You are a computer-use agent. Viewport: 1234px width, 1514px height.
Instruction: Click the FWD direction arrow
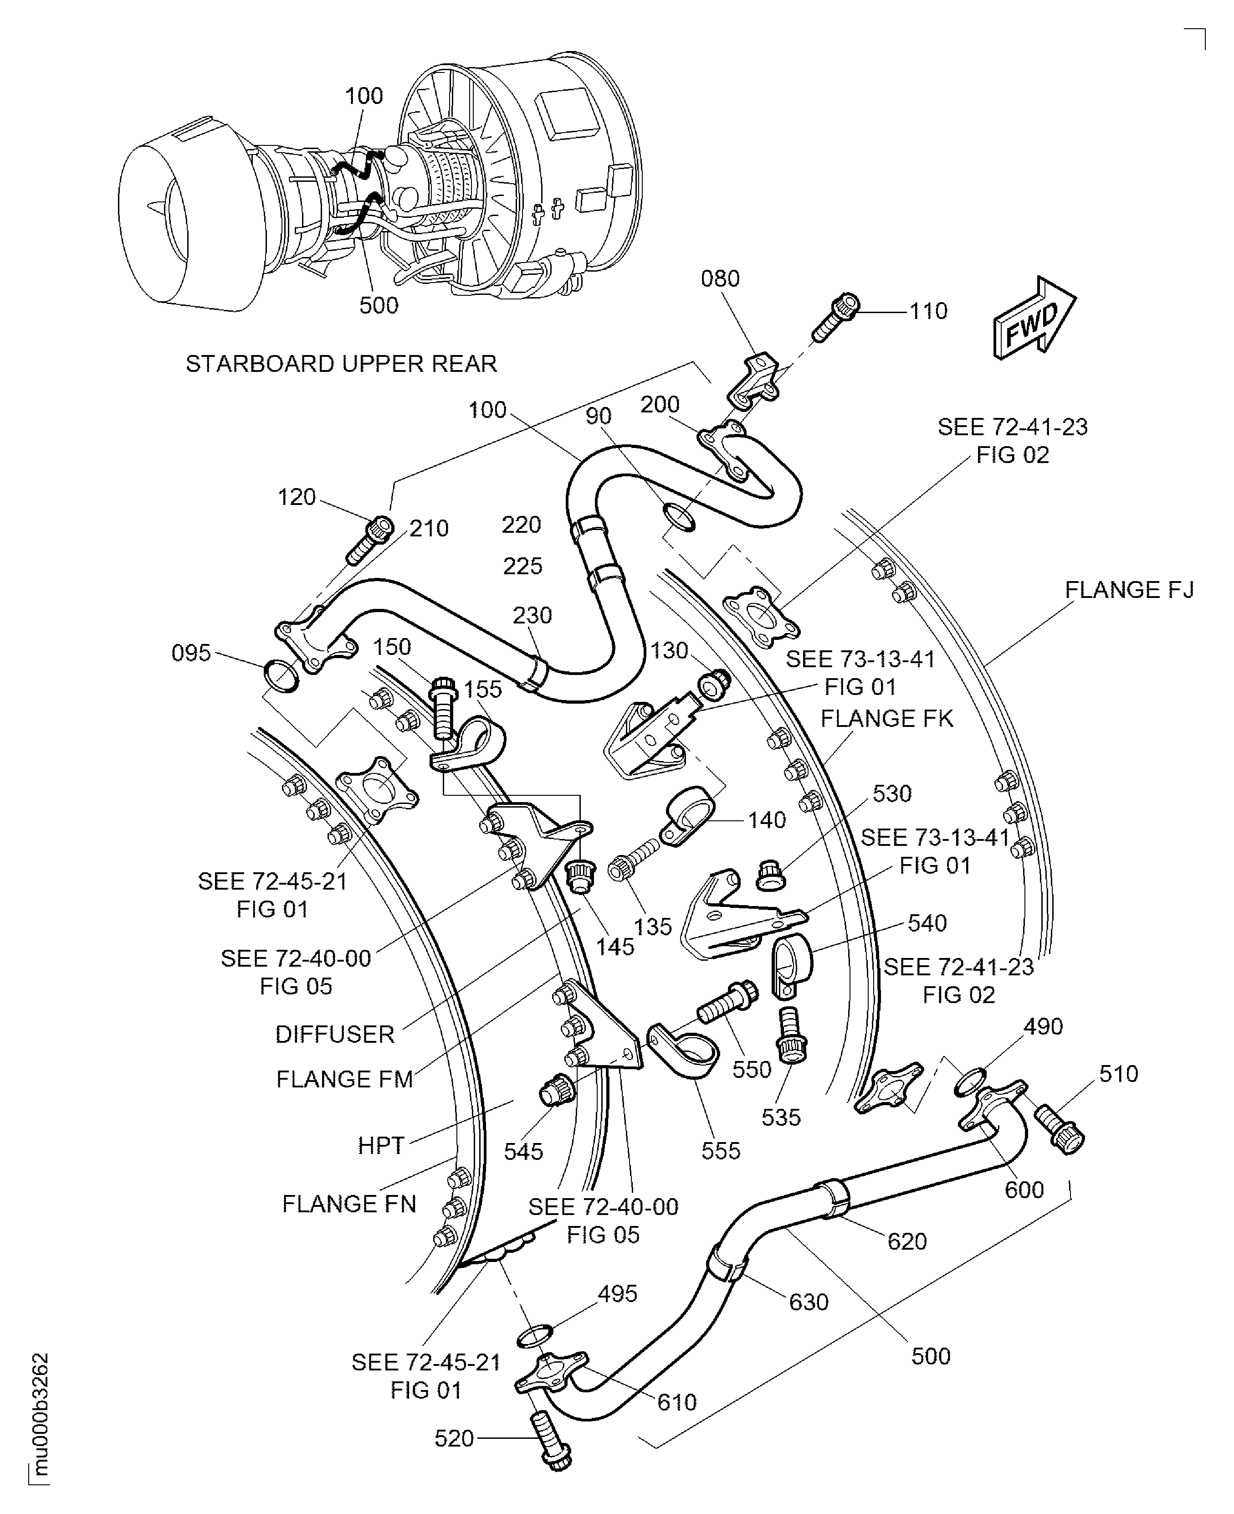(x=1034, y=318)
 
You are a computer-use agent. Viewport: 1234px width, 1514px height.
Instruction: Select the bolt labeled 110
(x=836, y=317)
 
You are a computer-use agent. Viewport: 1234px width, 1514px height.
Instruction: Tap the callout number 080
(x=720, y=279)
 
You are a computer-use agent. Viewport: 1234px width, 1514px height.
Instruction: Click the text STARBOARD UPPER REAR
(x=341, y=364)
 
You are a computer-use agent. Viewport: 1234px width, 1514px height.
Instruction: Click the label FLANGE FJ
(x=1129, y=590)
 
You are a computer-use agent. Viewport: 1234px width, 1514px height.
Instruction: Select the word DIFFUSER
(x=335, y=1034)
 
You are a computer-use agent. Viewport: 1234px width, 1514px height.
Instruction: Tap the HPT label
(x=381, y=1146)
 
